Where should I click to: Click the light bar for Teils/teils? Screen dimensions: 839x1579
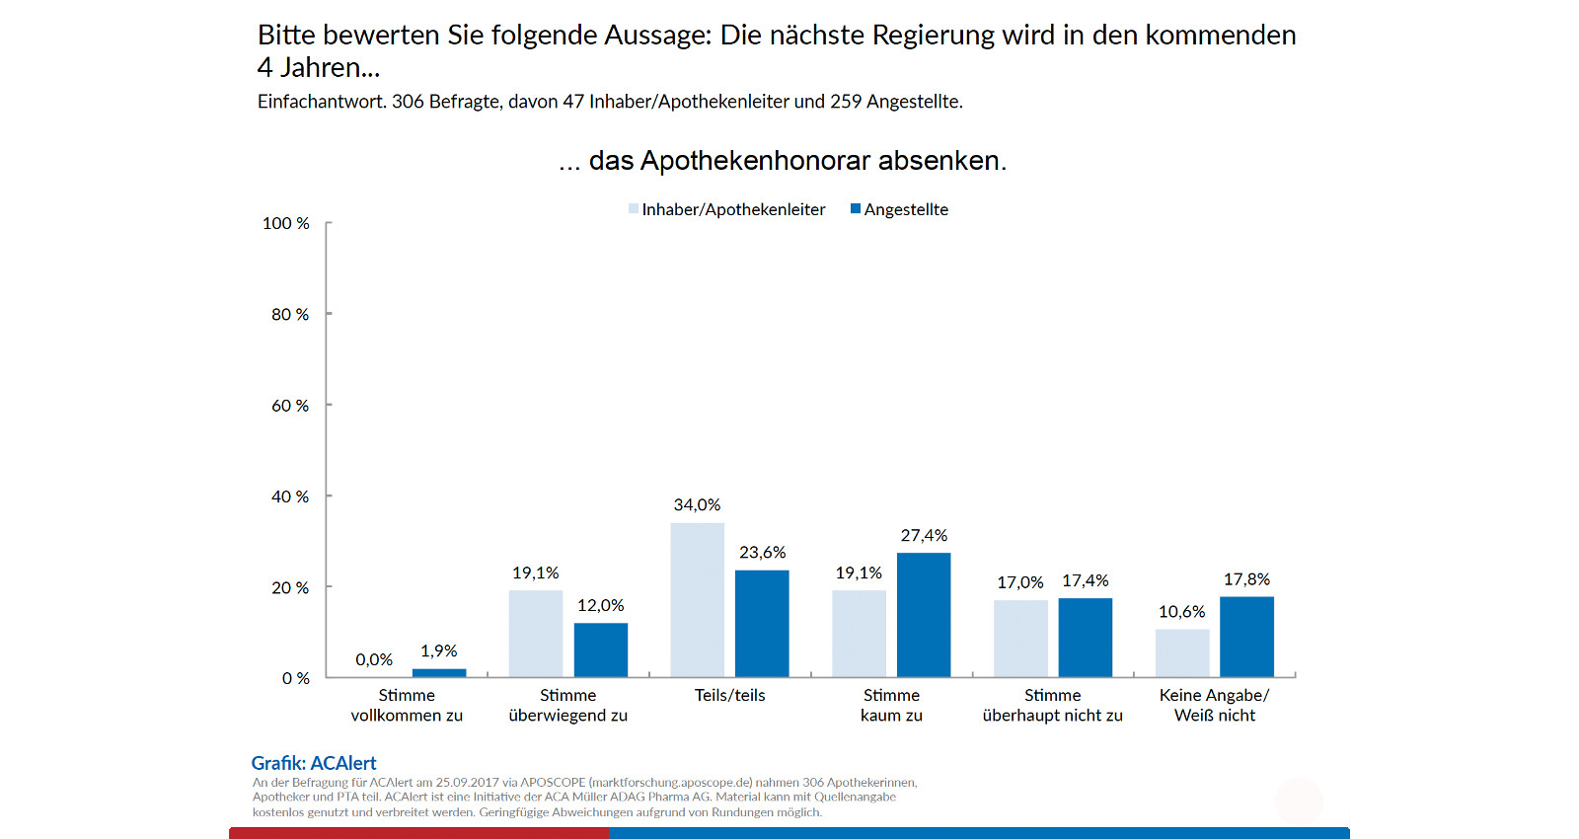point(697,600)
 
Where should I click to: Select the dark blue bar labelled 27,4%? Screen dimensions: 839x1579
point(924,615)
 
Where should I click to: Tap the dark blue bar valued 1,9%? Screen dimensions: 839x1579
point(439,673)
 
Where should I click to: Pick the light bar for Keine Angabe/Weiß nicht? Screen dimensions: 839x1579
point(1182,653)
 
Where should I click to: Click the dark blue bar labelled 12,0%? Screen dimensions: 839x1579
point(601,649)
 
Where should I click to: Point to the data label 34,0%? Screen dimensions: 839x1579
point(697,505)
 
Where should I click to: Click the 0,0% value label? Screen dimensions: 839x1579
point(374,659)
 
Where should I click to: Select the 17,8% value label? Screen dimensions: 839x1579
point(1246,579)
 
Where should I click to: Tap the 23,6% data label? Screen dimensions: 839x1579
point(762,553)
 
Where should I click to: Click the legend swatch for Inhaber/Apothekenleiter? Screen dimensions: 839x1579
point(634,209)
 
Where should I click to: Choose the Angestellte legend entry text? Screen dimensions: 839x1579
point(906,209)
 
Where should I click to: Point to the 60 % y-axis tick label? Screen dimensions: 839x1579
point(290,406)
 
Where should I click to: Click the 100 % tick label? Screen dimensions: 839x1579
point(285,224)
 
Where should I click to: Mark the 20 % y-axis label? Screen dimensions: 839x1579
point(290,588)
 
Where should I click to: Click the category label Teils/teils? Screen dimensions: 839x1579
point(729,695)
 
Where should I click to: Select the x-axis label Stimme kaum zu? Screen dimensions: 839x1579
point(891,706)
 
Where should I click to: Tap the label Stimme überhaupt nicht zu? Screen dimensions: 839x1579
point(1052,706)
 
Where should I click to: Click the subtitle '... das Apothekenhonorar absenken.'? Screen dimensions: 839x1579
point(783,161)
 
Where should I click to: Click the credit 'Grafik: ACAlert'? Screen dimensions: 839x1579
point(314,763)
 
